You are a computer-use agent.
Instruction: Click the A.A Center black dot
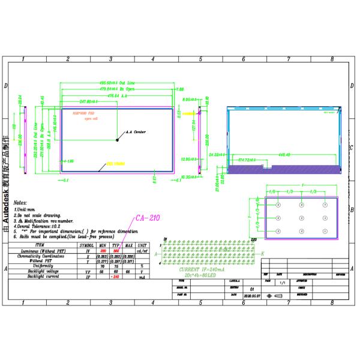tap(118, 139)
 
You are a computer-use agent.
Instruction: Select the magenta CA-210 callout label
tap(148, 218)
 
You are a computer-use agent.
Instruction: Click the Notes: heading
tap(20, 204)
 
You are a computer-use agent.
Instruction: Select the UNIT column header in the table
tap(141, 245)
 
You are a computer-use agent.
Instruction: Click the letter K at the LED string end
tap(262, 254)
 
